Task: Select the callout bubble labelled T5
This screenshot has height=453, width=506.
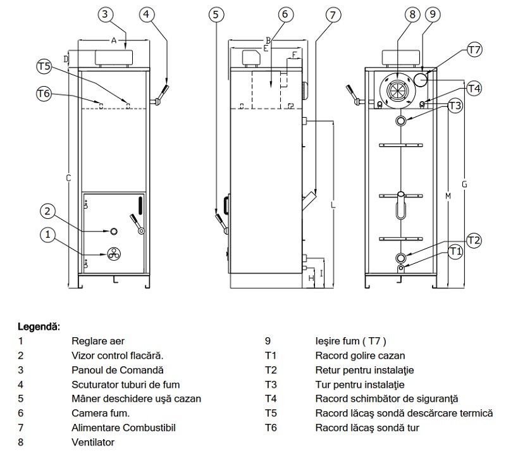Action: (44, 66)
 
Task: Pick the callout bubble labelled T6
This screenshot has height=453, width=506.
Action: (44, 94)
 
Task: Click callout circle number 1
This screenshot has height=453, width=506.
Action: (47, 235)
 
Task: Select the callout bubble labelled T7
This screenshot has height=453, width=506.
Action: (474, 49)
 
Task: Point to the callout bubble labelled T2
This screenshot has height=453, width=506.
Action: (474, 240)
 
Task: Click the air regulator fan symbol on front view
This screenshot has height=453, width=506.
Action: (113, 254)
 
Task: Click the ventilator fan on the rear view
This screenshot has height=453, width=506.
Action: (397, 90)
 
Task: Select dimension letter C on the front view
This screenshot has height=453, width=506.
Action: (68, 178)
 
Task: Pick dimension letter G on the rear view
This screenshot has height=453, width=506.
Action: (464, 184)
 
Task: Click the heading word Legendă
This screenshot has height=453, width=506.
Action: (37, 326)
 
